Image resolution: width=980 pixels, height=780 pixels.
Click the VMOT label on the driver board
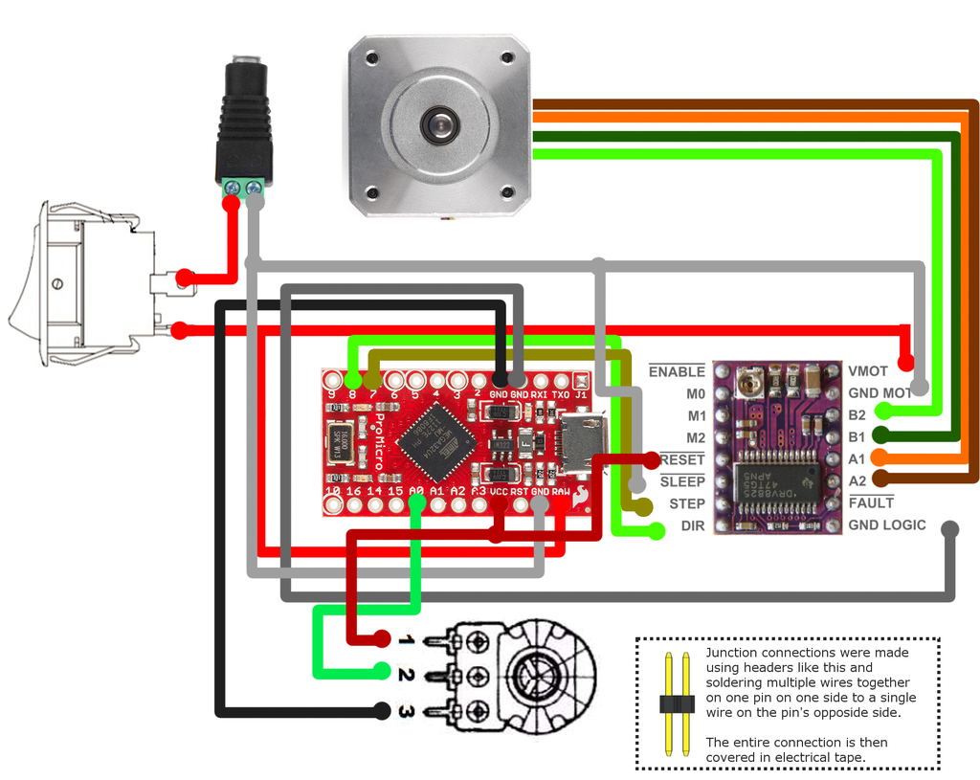tap(867, 371)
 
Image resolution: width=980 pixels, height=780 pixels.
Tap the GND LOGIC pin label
tap(886, 525)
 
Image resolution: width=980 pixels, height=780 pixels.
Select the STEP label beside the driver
tap(686, 503)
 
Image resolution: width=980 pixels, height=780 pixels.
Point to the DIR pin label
tap(692, 526)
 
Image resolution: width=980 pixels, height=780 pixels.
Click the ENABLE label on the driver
tap(676, 371)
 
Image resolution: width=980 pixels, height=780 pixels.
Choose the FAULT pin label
tap(870, 502)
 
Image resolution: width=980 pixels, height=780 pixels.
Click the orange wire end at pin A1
tap(883, 459)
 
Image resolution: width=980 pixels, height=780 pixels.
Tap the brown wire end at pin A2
tap(883, 480)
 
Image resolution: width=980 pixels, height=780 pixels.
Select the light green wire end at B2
tap(883, 413)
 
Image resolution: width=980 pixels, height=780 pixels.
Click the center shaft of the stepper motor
tap(439, 123)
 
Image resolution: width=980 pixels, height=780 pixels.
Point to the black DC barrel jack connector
tap(242, 124)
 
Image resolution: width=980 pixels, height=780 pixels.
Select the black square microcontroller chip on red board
tap(437, 441)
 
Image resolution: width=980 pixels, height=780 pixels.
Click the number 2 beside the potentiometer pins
tap(406, 675)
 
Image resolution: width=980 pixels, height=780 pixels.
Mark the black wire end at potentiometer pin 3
tap(382, 711)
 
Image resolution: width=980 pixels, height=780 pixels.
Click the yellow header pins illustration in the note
tap(676, 703)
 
